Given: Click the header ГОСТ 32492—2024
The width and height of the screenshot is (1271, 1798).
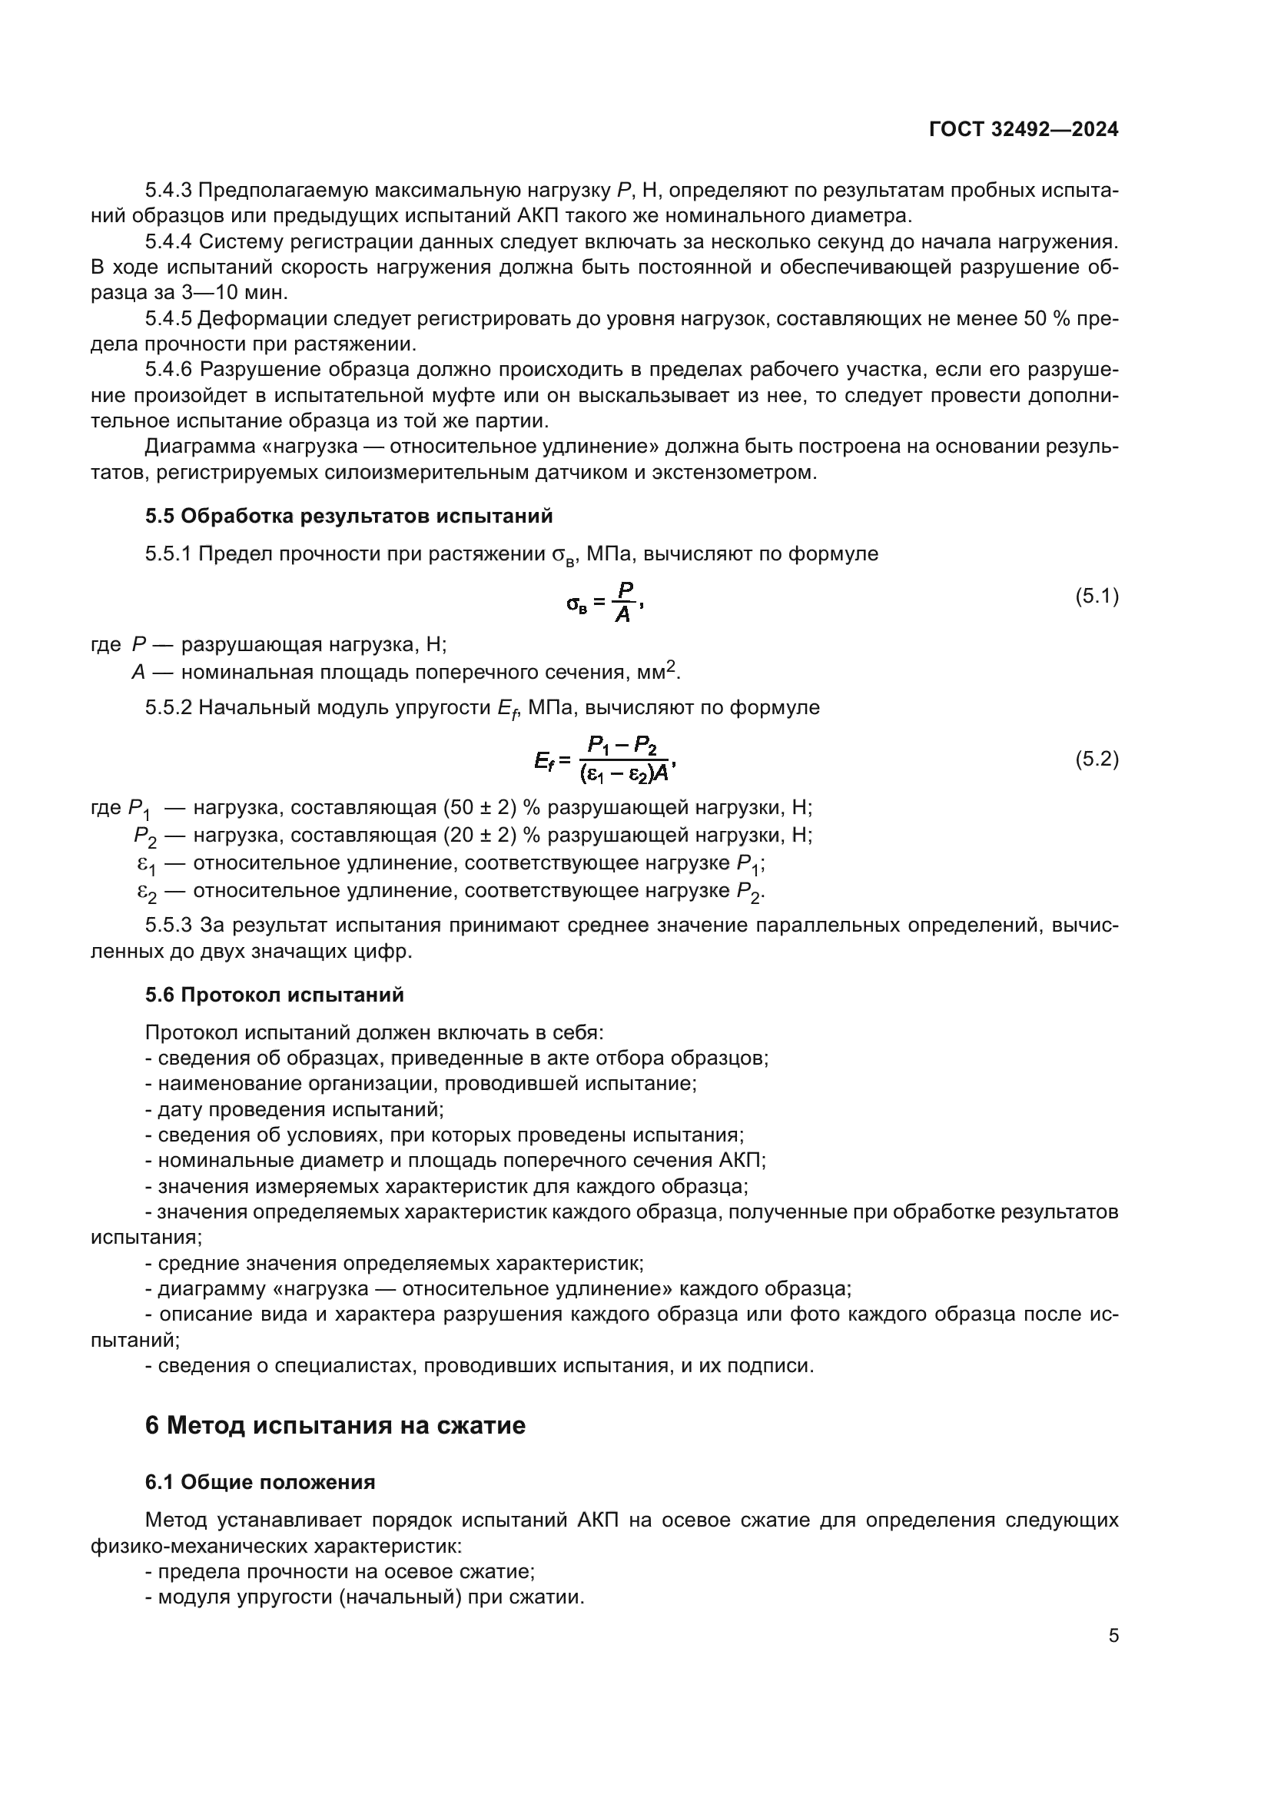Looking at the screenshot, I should pyautogui.click(x=1023, y=130).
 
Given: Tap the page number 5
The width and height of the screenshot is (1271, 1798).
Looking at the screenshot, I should pyautogui.click(x=1113, y=1635).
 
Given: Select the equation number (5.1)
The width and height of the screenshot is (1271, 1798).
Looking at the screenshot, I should pyautogui.click(x=1097, y=596).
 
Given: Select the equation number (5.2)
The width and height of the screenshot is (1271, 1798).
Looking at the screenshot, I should pyautogui.click(x=1097, y=758).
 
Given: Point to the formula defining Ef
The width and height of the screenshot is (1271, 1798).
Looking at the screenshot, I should pyautogui.click(x=605, y=759).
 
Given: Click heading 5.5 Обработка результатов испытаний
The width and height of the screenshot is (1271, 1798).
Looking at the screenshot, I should pyautogui.click(x=348, y=516).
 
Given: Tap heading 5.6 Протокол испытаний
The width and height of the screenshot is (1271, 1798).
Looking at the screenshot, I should pyautogui.click(x=274, y=995).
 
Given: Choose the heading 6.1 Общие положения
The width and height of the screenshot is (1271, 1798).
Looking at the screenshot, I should pyautogui.click(x=260, y=1482).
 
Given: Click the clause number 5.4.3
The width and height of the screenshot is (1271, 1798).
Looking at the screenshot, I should pyautogui.click(x=168, y=191).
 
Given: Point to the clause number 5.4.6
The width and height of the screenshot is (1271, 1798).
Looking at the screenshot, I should pyautogui.click(x=168, y=369).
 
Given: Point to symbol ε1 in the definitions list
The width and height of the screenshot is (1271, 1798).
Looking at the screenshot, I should pyautogui.click(x=146, y=865).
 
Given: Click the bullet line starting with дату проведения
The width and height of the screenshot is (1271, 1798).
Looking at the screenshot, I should pyautogui.click(x=294, y=1110).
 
